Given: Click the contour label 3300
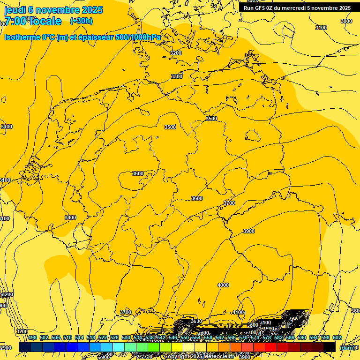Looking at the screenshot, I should click(x=177, y=76).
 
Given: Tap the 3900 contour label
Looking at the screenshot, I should click(x=249, y=231).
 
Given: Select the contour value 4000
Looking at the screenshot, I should click(x=223, y=285).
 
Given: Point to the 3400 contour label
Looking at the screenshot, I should click(x=70, y=217).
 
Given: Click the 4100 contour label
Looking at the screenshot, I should click(x=238, y=312).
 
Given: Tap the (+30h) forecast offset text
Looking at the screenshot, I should click(x=81, y=21).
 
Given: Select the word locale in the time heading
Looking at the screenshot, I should click(x=45, y=21).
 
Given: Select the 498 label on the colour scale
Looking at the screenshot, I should click(x=32, y=338).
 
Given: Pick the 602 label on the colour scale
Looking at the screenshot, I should click(x=337, y=338).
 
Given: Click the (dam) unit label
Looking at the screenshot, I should click(x=346, y=347).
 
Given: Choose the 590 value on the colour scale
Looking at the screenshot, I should click(x=302, y=338).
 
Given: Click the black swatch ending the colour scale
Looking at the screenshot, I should click(x=330, y=347).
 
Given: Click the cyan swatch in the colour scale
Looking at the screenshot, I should click(x=119, y=347).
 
